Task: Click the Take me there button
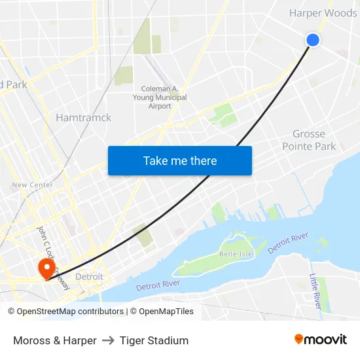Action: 180,160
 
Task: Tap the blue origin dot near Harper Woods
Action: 313,40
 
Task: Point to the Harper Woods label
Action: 323,13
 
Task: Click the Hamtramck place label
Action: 84,118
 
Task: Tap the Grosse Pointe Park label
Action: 309,140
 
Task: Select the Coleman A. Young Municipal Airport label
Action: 164,98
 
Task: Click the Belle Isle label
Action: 236,253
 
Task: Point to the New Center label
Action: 32,185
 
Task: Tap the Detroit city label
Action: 89,277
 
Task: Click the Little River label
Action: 315,292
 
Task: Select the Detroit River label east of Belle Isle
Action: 288,243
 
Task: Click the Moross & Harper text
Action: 55,340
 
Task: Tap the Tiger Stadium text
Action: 154,340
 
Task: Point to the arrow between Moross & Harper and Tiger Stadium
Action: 108,340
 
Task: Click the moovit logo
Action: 321,339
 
